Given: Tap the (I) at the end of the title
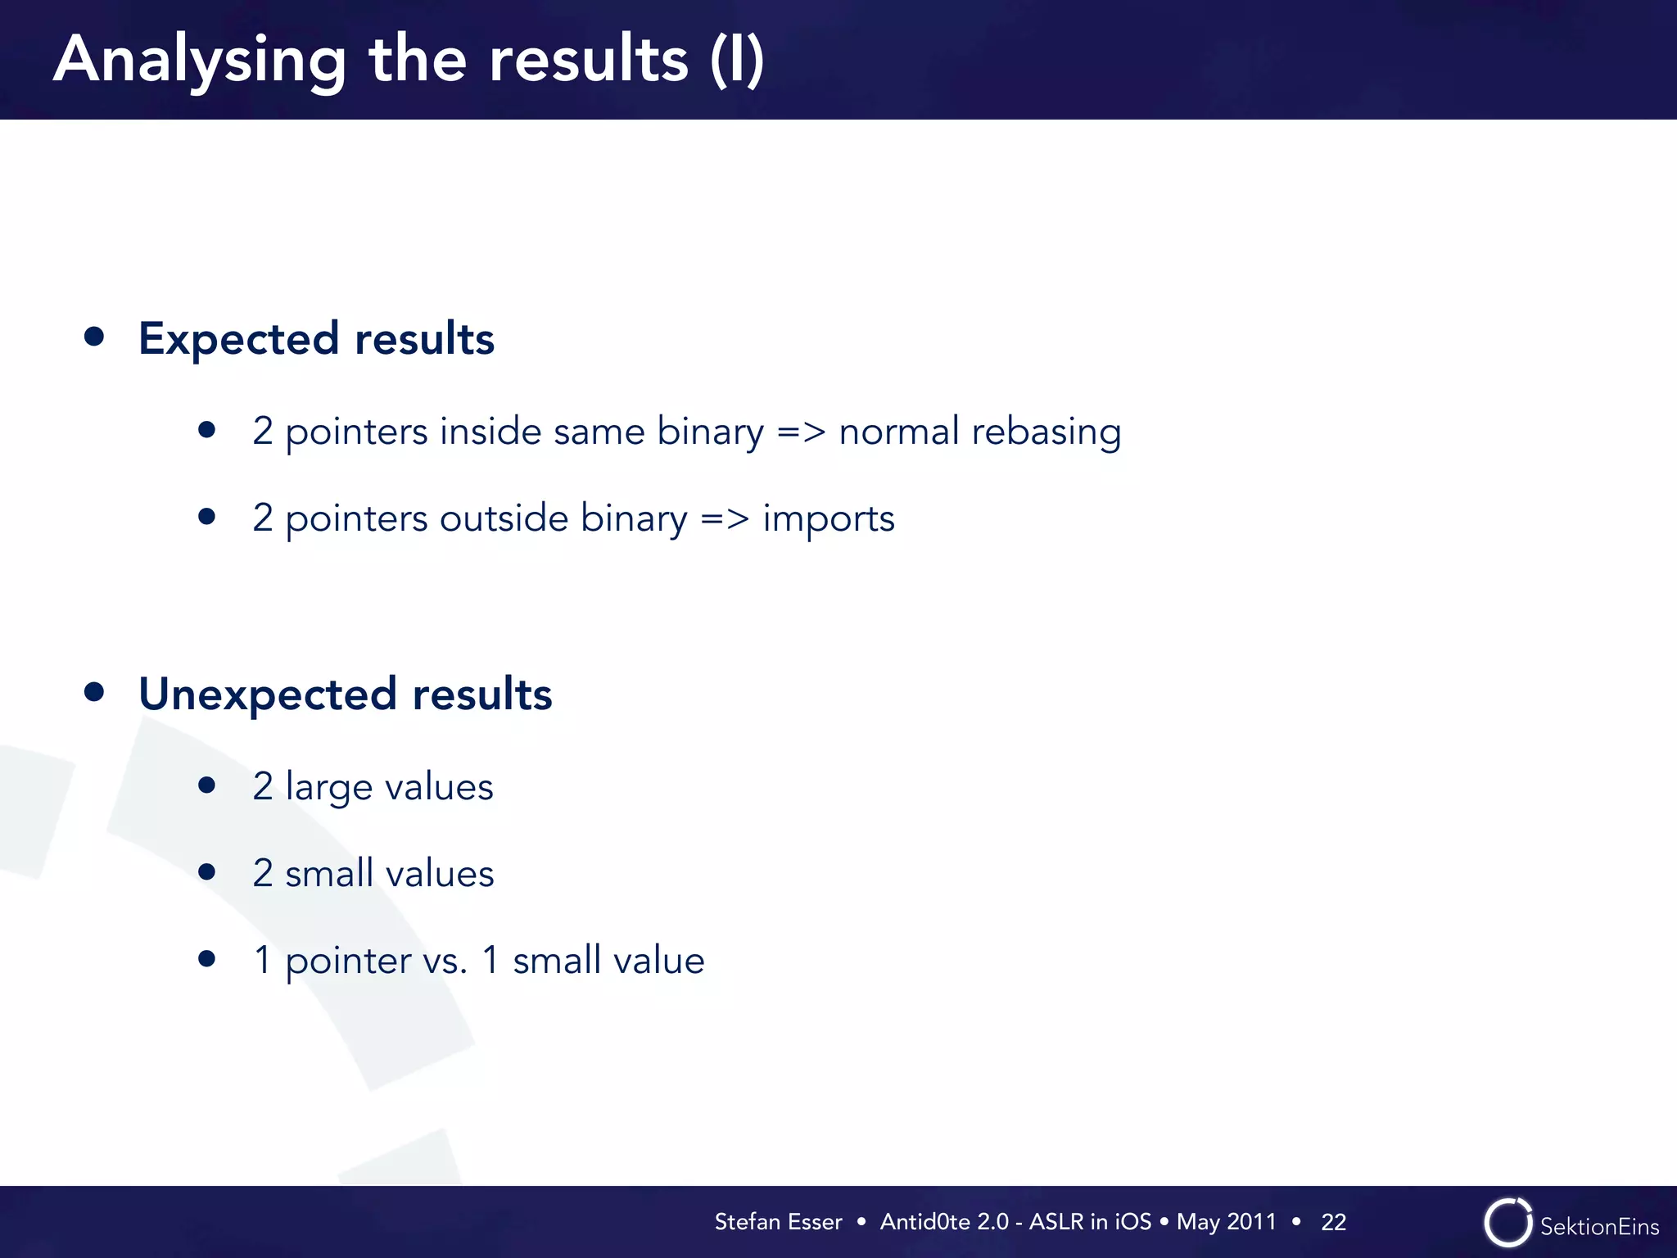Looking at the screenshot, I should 737,60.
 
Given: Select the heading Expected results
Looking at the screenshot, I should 316,338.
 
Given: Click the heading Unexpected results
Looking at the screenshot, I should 345,694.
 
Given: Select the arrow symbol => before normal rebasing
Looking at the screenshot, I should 801,432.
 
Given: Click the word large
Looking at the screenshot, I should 329,788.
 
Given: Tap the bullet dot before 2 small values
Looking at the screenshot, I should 207,872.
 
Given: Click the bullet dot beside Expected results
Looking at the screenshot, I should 94,337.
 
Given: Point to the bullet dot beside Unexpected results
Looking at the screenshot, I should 94,692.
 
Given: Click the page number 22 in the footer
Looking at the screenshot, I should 1333,1222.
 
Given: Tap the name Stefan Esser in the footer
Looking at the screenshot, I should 778,1222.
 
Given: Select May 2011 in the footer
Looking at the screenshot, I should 1226,1222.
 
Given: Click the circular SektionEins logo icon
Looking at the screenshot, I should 1507,1223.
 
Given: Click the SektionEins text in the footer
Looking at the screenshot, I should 1599,1226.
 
